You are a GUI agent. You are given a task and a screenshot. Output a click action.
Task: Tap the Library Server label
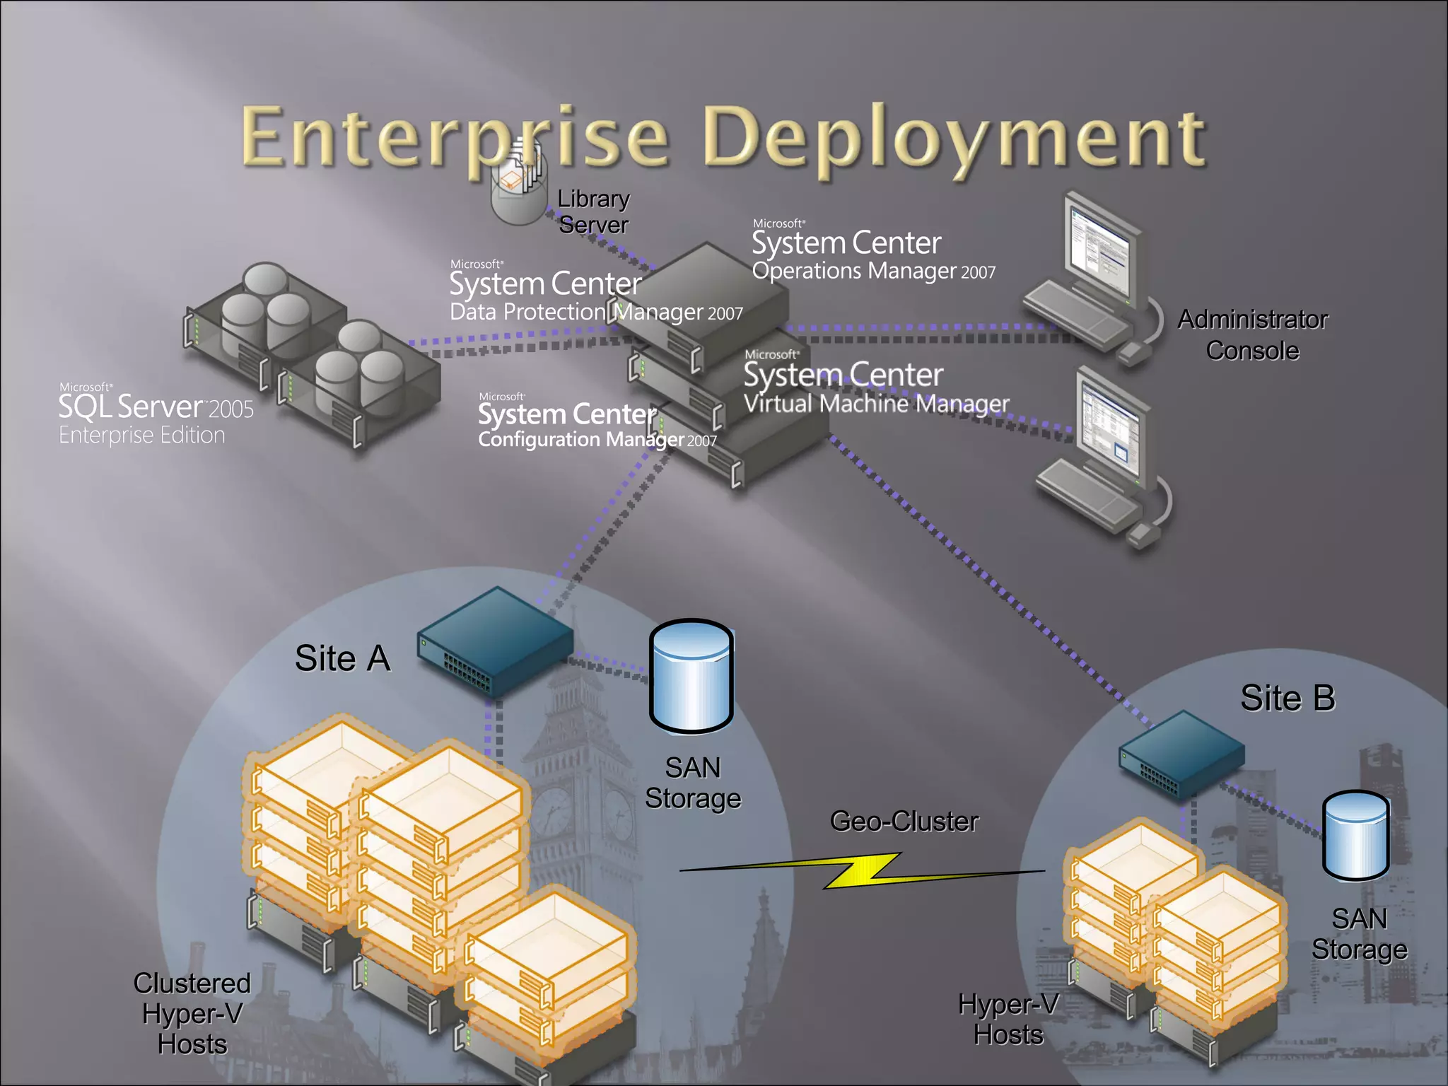[593, 211]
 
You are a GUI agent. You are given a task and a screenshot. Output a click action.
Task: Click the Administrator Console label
[1252, 334]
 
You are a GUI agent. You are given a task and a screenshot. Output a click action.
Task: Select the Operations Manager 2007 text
[873, 271]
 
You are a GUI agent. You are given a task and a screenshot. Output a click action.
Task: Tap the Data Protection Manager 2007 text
[596, 312]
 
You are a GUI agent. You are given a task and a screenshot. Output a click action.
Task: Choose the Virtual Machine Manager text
[876, 403]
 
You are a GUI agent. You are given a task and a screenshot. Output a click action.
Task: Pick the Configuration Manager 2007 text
[597, 440]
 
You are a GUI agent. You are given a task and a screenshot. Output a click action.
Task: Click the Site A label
[343, 658]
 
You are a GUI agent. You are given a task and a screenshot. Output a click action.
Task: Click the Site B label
[1288, 699]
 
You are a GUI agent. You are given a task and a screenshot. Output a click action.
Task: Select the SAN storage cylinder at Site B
[1356, 835]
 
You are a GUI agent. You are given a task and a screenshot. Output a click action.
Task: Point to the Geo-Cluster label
[904, 822]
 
